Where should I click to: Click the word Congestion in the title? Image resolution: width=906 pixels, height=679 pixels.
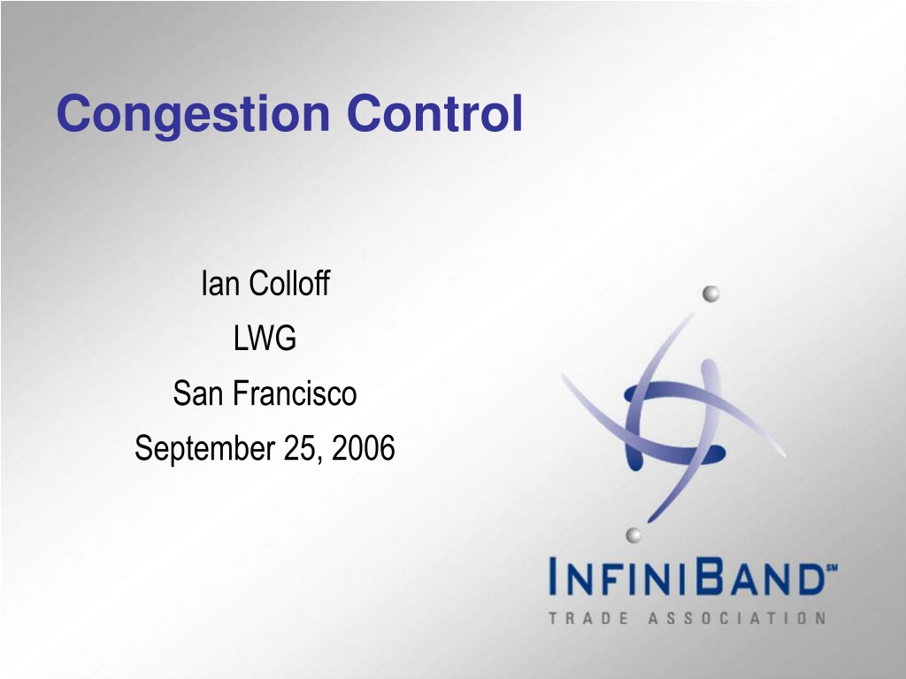tap(194, 116)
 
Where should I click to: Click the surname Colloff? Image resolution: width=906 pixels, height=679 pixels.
tap(289, 283)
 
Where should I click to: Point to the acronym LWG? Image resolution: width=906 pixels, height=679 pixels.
tap(265, 339)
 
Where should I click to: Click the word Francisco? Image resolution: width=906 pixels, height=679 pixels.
tap(296, 393)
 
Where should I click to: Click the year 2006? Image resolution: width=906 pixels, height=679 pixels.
tap(364, 448)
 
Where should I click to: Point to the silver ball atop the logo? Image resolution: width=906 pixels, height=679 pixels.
tap(710, 294)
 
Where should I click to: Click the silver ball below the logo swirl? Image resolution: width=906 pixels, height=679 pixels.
tap(633, 535)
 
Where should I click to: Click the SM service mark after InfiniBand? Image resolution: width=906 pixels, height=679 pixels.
tap(832, 568)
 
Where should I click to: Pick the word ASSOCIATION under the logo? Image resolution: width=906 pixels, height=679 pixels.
tap(737, 618)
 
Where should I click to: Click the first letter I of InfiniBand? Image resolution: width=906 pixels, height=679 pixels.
tap(553, 576)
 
